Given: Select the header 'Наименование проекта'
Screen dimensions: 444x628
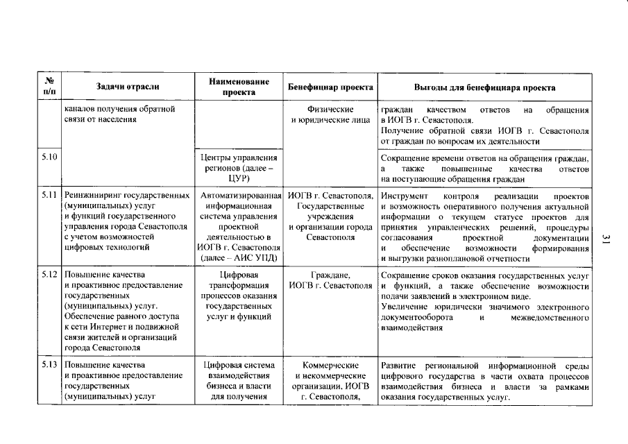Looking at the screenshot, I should tap(239, 87).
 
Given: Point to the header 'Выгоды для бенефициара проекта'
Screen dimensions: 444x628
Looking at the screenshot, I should tap(484, 87).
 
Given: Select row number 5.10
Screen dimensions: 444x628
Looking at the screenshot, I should tap(49, 157).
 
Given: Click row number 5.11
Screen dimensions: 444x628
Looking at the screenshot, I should tap(49, 198).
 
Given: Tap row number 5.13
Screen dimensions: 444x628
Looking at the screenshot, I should tap(49, 365).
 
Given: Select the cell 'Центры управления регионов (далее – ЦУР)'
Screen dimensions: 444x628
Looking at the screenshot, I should tap(239, 168).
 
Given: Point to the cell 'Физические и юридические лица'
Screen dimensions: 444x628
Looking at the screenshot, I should tap(330, 115).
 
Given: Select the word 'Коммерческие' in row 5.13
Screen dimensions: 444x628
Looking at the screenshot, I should tap(330, 365).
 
